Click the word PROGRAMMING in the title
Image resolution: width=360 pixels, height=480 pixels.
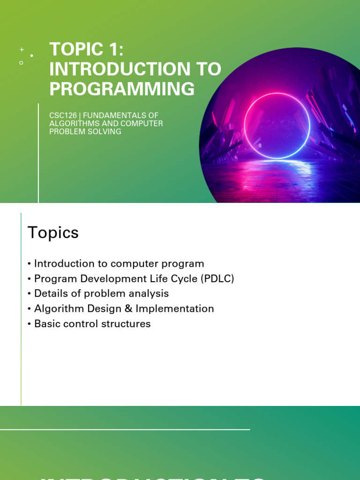(x=122, y=89)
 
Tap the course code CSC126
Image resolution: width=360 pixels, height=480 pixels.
(x=63, y=115)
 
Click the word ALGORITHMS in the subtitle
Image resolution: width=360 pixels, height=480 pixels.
(x=73, y=123)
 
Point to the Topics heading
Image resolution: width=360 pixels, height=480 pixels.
(x=53, y=232)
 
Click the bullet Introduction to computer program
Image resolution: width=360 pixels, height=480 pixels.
(x=119, y=263)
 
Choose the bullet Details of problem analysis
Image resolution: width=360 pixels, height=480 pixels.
(x=101, y=293)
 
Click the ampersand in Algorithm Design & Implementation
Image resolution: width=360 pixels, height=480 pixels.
(x=128, y=308)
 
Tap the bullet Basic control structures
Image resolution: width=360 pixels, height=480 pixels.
(x=92, y=323)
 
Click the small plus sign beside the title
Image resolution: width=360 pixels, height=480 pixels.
(x=22, y=49)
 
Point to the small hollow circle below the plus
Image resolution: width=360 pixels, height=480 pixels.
(x=21, y=62)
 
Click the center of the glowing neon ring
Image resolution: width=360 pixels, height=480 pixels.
(x=277, y=126)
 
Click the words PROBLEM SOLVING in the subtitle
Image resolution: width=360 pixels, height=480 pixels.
(x=85, y=132)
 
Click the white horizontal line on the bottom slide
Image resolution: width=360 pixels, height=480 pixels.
(x=125, y=429)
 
